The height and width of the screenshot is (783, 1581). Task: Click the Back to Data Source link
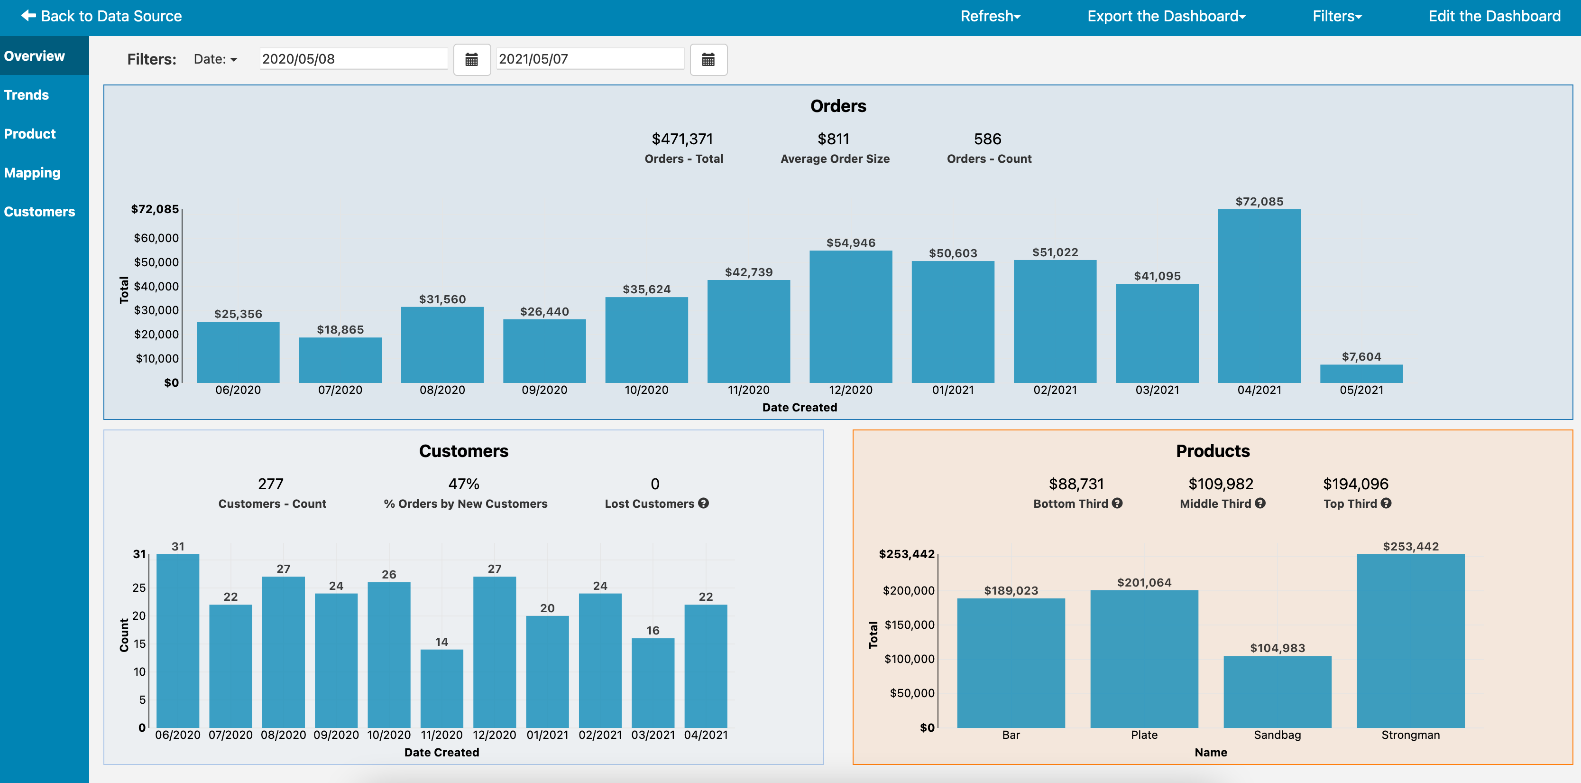click(101, 16)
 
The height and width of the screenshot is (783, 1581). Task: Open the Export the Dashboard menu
click(1166, 16)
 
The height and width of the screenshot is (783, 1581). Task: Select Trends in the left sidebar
click(27, 94)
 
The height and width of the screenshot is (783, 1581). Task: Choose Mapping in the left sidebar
click(32, 173)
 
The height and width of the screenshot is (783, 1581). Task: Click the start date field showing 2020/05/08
click(353, 59)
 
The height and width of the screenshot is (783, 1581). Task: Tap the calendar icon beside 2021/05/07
click(708, 60)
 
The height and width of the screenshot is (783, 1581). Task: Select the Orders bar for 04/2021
click(1259, 296)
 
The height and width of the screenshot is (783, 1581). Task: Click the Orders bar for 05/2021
click(1361, 374)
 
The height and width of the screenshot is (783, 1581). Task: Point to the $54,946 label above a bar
click(851, 242)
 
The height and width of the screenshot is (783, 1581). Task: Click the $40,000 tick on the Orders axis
click(156, 286)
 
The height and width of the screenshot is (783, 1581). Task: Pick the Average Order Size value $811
click(834, 140)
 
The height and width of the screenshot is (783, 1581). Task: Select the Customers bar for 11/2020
click(442, 689)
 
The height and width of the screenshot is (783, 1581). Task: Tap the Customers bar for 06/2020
click(178, 641)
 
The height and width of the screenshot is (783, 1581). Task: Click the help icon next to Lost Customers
click(703, 503)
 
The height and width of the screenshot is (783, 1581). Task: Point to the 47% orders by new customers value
click(464, 484)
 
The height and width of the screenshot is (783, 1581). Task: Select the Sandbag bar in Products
click(1277, 692)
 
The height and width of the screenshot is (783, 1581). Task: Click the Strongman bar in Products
click(1410, 641)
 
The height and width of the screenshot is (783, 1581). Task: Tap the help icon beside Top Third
click(1386, 503)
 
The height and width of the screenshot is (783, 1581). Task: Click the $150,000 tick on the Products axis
click(910, 625)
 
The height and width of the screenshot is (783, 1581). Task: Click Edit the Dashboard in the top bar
click(1494, 16)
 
